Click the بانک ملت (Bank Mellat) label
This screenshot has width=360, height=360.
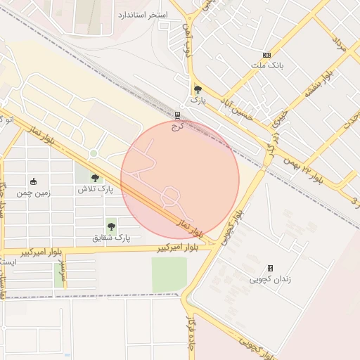point(266,65)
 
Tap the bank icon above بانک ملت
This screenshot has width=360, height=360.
point(266,55)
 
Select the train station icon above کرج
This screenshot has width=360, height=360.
point(177,116)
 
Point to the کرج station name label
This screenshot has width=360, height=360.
point(177,127)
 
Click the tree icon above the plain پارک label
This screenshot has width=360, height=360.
point(198,89)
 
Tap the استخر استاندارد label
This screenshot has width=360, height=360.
point(141,15)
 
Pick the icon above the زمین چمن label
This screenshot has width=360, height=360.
point(33,181)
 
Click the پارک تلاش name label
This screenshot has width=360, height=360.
point(95,190)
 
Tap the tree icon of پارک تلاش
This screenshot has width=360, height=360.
point(95,179)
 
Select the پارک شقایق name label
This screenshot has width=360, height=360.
point(112,238)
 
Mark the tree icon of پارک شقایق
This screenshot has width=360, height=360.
point(111,226)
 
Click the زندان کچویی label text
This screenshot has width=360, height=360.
point(269,279)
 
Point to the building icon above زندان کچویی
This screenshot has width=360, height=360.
point(270,268)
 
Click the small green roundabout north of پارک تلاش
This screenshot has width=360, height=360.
point(93,154)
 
